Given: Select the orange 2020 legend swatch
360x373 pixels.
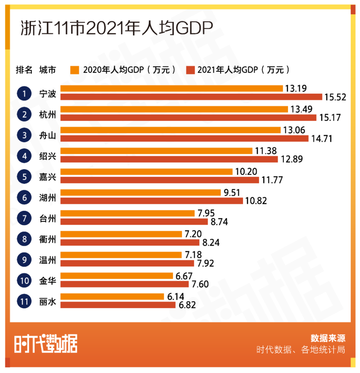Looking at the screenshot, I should pos(75,70).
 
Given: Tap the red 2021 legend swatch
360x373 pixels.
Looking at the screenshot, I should pos(190,70).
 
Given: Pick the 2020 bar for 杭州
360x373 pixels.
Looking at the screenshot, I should pos(174,109).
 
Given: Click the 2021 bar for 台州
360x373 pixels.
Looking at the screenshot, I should pos(134,222).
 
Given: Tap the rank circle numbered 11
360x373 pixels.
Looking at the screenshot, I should pos(24,301).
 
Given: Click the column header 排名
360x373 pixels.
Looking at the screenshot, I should pos(24,70).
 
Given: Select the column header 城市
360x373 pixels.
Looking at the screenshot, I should pos(48,70).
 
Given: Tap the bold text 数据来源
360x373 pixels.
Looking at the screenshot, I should pos(328,338).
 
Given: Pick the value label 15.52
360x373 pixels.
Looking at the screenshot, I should pos(336,97).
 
